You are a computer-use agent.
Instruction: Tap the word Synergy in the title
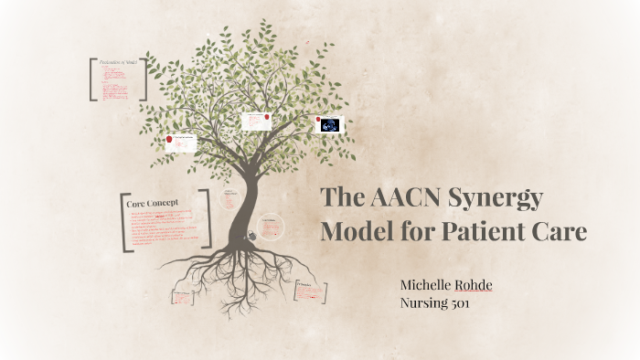tap(499, 199)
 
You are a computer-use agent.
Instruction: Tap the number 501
tap(457, 303)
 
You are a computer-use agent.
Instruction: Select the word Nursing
tap(421, 303)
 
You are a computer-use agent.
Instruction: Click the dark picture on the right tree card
tap(329, 125)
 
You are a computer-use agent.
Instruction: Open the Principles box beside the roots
tap(307, 293)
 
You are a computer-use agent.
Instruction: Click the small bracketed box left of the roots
tap(183, 298)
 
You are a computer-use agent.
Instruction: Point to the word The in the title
tap(343, 199)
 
